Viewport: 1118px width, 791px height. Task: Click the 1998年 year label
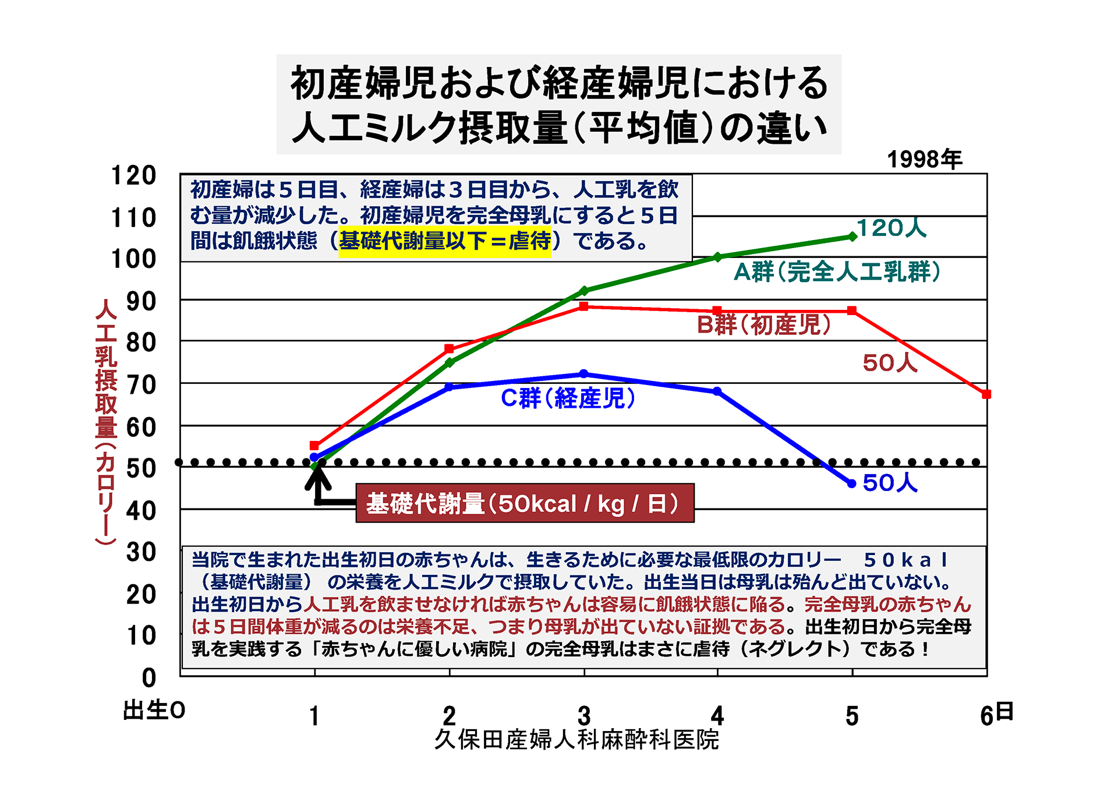click(924, 160)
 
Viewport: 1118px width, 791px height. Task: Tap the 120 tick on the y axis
click(134, 175)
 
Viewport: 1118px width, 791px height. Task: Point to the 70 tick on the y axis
click(141, 385)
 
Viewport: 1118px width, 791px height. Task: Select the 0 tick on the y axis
click(149, 677)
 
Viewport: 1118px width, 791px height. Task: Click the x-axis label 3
click(584, 716)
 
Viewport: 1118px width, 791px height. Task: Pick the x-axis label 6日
click(996, 715)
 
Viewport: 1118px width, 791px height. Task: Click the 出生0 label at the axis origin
click(154, 711)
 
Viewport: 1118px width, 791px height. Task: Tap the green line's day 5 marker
click(852, 236)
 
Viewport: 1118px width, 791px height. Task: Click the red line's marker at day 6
click(986, 394)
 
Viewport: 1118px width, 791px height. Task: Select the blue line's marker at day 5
click(851, 483)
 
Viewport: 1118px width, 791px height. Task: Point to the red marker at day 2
click(449, 349)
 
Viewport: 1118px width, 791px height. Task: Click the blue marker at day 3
click(583, 374)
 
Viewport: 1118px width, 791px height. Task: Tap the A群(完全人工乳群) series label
click(837, 272)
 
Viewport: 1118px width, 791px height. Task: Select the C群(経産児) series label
click(568, 398)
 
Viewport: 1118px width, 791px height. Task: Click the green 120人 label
click(891, 228)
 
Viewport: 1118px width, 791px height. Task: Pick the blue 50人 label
click(890, 483)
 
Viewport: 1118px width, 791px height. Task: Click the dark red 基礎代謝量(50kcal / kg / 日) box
click(525, 503)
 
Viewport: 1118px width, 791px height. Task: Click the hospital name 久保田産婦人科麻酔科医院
click(576, 740)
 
